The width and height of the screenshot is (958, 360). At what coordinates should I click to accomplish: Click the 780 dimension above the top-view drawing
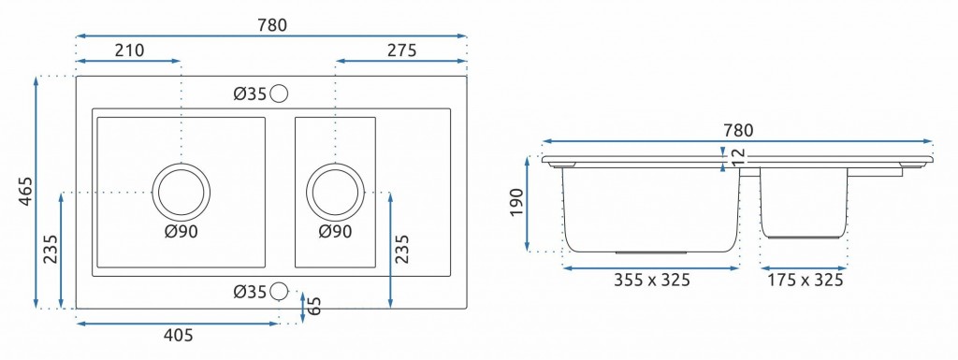[x=271, y=25]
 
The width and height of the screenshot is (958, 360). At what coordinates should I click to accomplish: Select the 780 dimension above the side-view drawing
[x=738, y=131]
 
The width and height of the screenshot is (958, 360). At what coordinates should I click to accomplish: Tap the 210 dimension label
[x=129, y=50]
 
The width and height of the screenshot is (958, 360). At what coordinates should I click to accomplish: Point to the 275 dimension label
[x=401, y=50]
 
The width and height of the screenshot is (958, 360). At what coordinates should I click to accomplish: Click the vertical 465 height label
[x=25, y=191]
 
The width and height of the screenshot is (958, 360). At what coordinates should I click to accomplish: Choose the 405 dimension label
[x=179, y=335]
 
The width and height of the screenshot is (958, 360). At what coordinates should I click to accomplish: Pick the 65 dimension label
[x=313, y=306]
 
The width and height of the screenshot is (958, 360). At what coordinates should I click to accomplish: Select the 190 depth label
[x=516, y=202]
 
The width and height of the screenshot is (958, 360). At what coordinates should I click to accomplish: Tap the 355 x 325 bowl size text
[x=652, y=281]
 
